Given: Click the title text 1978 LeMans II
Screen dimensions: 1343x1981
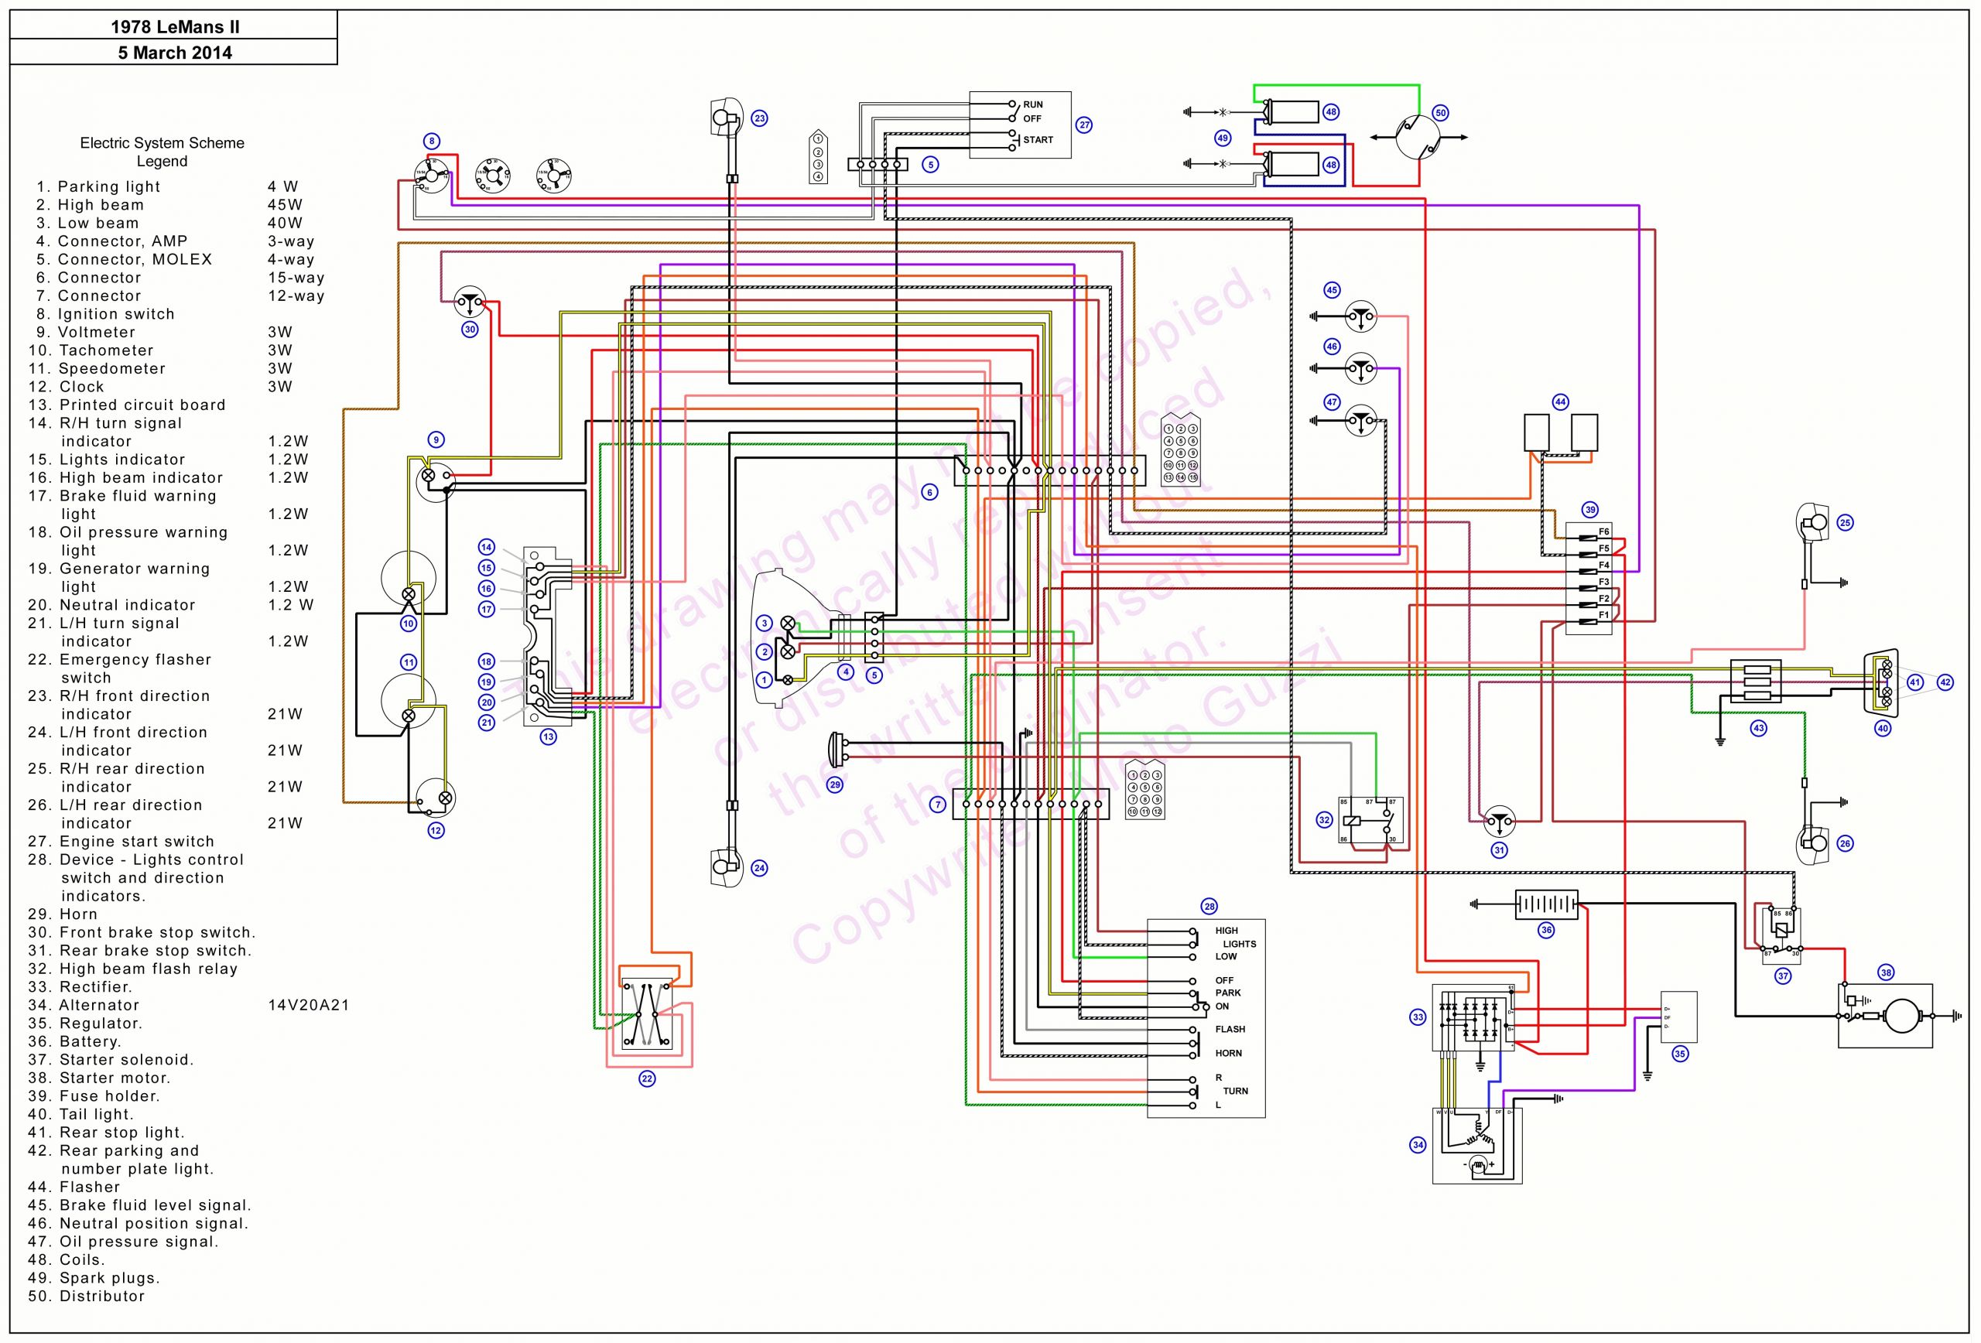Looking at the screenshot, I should click(x=175, y=26).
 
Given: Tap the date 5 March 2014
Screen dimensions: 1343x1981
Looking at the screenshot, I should click(x=175, y=53).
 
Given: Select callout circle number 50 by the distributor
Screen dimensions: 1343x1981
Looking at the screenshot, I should click(x=1440, y=112).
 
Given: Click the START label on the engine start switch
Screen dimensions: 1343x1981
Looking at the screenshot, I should click(x=1038, y=140).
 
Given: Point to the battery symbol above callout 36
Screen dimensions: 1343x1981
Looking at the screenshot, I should click(x=1545, y=904).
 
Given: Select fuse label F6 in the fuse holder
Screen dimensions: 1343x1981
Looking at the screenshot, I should click(x=1603, y=531).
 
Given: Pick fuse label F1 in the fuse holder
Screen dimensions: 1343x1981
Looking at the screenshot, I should click(x=1603, y=615).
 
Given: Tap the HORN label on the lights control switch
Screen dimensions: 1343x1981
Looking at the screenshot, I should click(x=1227, y=1053).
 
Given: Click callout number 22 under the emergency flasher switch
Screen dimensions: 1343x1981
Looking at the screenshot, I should click(x=647, y=1079).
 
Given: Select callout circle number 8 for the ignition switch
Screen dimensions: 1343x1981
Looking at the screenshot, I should click(x=431, y=142).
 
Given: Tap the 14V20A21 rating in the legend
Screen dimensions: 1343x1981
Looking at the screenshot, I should click(x=309, y=1006).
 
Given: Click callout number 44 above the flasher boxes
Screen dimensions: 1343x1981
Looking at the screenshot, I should click(x=1560, y=402).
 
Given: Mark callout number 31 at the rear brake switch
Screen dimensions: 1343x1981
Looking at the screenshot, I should click(x=1500, y=849).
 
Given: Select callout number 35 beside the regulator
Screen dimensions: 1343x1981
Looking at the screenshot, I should click(x=1679, y=1054).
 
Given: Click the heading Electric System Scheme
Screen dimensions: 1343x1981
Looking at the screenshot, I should click(x=162, y=143).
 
